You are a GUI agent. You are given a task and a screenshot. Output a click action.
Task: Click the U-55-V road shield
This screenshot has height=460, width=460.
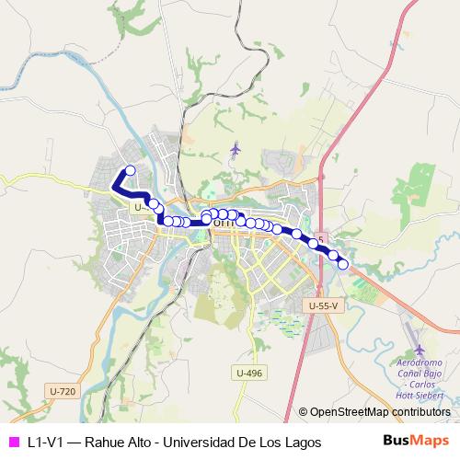(323, 305)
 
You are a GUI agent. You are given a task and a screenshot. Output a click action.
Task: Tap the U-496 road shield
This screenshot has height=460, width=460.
(249, 373)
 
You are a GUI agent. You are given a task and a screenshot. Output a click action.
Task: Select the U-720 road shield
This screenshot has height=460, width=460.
(61, 392)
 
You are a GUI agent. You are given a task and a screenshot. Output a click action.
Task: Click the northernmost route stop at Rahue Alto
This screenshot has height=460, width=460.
(131, 170)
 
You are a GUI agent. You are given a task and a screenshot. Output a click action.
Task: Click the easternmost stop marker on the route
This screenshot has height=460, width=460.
(343, 265)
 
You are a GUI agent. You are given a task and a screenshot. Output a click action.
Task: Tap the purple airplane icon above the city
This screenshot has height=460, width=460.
(236, 148)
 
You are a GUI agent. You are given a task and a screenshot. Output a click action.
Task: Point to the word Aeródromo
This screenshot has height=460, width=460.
(422, 362)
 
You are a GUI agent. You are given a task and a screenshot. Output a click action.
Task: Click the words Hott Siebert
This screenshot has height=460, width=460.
(423, 395)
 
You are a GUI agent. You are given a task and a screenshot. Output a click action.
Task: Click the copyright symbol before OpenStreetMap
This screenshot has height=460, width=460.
(304, 412)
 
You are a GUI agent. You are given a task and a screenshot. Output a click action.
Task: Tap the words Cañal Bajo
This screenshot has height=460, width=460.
(421, 374)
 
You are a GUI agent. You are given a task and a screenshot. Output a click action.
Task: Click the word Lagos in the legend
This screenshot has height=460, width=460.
(302, 443)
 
